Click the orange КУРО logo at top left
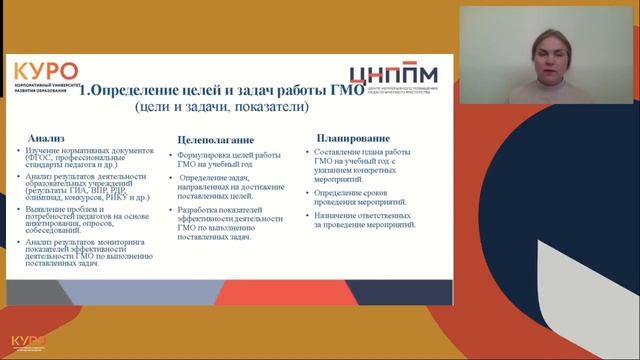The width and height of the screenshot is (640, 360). [45, 72]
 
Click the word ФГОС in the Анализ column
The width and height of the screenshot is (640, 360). [45, 158]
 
